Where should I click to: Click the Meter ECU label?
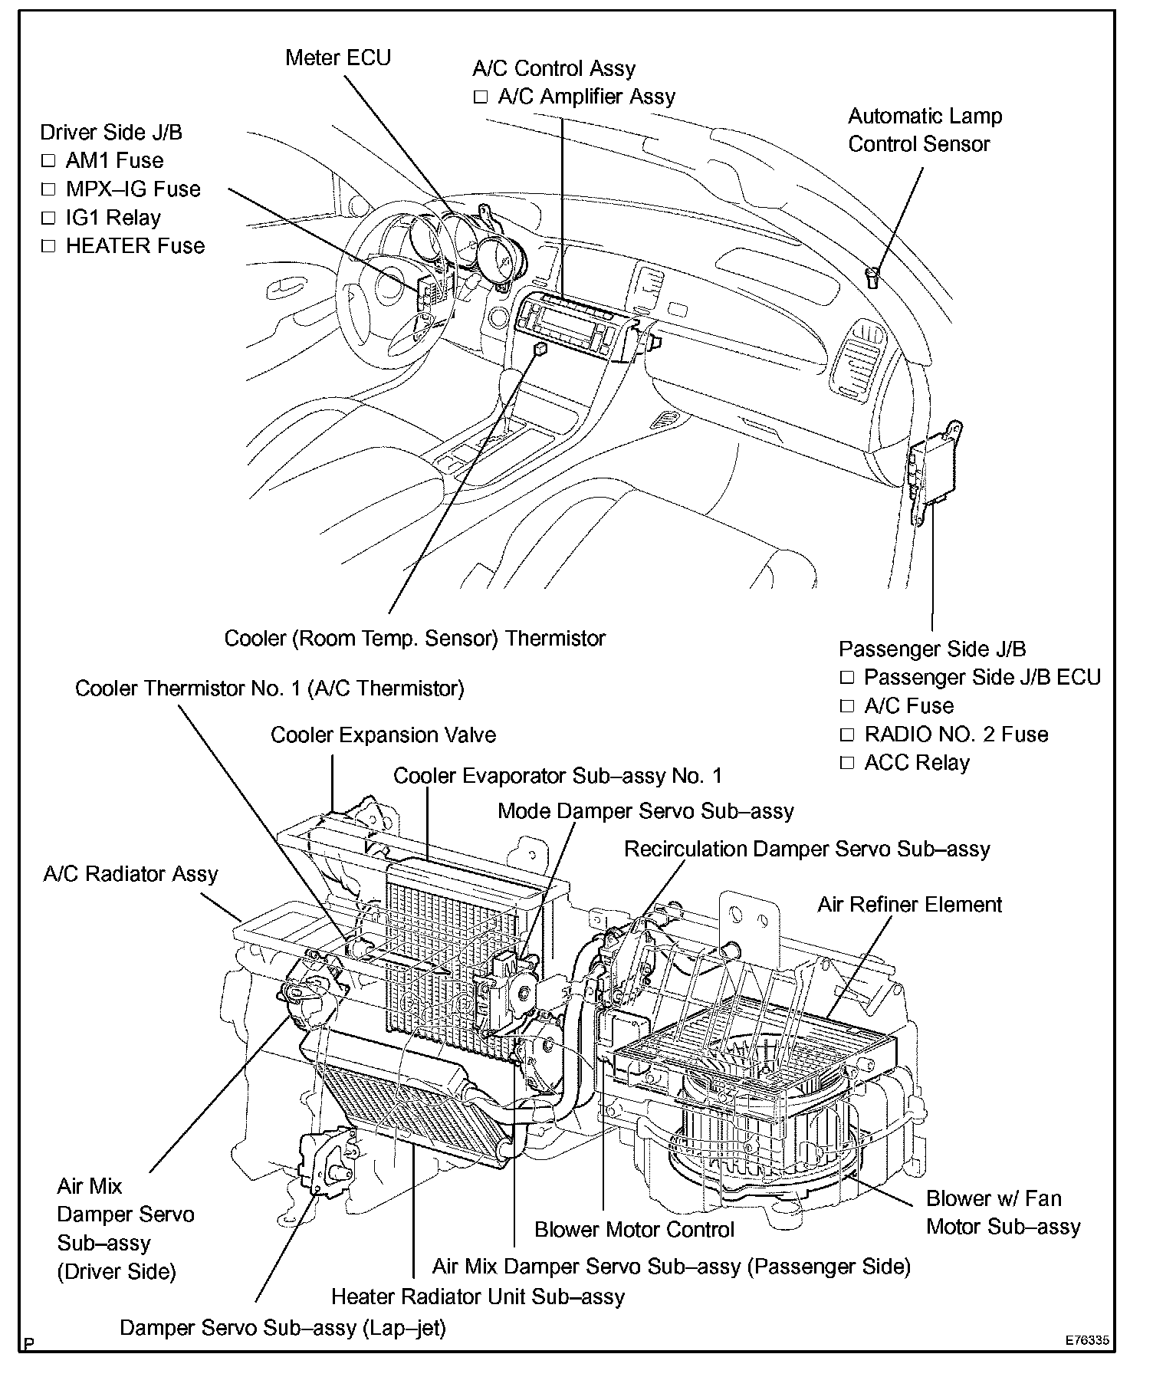tap(337, 58)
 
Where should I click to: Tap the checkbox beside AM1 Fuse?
tap(49, 162)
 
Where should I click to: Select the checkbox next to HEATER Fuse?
tap(49, 247)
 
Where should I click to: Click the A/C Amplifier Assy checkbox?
tap(481, 97)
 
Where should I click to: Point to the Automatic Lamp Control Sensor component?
tap(872, 277)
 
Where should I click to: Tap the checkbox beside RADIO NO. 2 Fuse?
tap(846, 735)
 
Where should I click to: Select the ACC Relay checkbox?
tap(846, 764)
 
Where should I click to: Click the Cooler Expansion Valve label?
tap(383, 735)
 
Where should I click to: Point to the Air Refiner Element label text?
tap(909, 905)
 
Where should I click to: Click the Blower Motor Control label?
tap(634, 1230)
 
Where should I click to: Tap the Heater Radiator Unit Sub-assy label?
tap(478, 1296)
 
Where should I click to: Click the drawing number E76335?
tap(1086, 1342)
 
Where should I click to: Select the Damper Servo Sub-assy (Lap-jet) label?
tap(282, 1328)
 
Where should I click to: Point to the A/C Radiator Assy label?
tap(130, 874)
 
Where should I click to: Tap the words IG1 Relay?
tap(113, 219)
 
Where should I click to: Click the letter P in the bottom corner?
tap(29, 1344)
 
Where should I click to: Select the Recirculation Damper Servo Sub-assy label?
tap(806, 850)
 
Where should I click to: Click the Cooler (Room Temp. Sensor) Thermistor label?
tap(415, 639)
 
